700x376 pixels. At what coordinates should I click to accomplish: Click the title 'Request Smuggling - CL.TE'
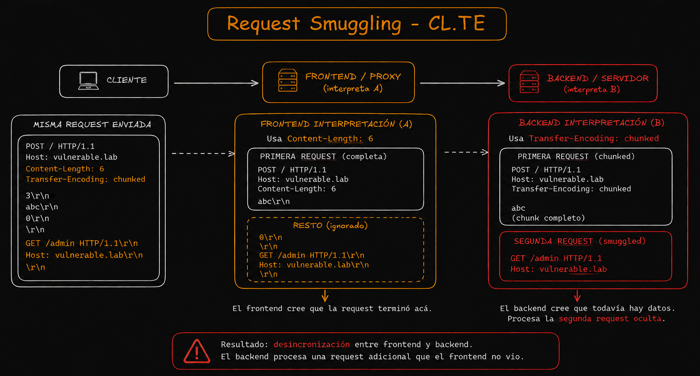[356, 24]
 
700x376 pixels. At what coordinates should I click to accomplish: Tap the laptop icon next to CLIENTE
[88, 81]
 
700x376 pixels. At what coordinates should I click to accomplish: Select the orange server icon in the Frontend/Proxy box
[287, 81]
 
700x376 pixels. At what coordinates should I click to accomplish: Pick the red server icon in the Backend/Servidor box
[529, 82]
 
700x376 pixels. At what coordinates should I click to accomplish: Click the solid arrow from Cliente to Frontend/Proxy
[216, 83]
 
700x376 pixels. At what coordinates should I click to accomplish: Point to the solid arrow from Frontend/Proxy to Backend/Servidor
[462, 83]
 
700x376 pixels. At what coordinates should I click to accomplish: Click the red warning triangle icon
[196, 351]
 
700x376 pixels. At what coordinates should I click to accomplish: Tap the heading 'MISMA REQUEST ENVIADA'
[92, 124]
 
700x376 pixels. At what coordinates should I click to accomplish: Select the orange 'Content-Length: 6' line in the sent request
[65, 169]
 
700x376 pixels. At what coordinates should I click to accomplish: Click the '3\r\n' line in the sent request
[37, 196]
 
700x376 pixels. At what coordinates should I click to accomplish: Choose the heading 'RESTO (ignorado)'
[330, 225]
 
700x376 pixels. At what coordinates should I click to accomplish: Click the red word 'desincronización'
[312, 344]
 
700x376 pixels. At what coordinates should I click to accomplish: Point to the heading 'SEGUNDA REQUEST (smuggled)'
[580, 241]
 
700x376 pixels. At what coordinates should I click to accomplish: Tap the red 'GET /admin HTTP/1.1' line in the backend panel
[556, 258]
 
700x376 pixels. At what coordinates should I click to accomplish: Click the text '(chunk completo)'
[548, 218]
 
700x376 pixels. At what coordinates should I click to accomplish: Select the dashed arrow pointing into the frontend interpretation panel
[204, 154]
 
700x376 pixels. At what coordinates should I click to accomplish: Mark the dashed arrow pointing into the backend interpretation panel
[466, 152]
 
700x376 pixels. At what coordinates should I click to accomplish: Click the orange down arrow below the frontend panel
[325, 296]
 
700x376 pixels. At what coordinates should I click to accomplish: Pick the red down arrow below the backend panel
[577, 296]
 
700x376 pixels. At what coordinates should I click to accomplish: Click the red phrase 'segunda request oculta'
[610, 319]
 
